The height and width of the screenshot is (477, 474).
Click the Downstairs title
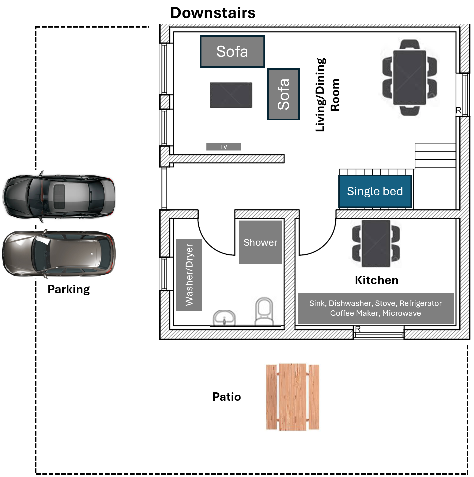pyautogui.click(x=213, y=13)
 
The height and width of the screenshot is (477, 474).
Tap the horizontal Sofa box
pyautogui.click(x=232, y=52)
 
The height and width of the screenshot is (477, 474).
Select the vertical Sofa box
pyautogui.click(x=283, y=94)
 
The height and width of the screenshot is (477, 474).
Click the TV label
pyautogui.click(x=224, y=147)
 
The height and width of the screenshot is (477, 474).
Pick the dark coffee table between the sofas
pyautogui.click(x=231, y=95)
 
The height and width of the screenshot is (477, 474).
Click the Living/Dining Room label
pyautogui.click(x=327, y=95)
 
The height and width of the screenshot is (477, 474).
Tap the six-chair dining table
pyautogui.click(x=409, y=78)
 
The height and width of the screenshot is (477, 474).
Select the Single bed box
pyautogui.click(x=375, y=191)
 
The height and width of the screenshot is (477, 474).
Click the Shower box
pyautogui.click(x=260, y=242)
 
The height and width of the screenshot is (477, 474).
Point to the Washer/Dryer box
pyautogui.click(x=189, y=275)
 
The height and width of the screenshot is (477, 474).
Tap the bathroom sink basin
pyautogui.click(x=224, y=318)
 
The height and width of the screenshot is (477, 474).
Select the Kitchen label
pyautogui.click(x=376, y=280)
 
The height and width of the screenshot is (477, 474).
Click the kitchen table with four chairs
pyautogui.click(x=376, y=244)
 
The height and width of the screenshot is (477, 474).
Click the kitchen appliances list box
pyautogui.click(x=375, y=308)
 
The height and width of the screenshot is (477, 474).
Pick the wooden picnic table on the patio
pyautogui.click(x=293, y=397)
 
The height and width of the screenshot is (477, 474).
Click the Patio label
pyautogui.click(x=226, y=397)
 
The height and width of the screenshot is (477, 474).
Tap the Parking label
pyautogui.click(x=68, y=289)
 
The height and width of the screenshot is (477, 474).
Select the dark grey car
pyautogui.click(x=59, y=197)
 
